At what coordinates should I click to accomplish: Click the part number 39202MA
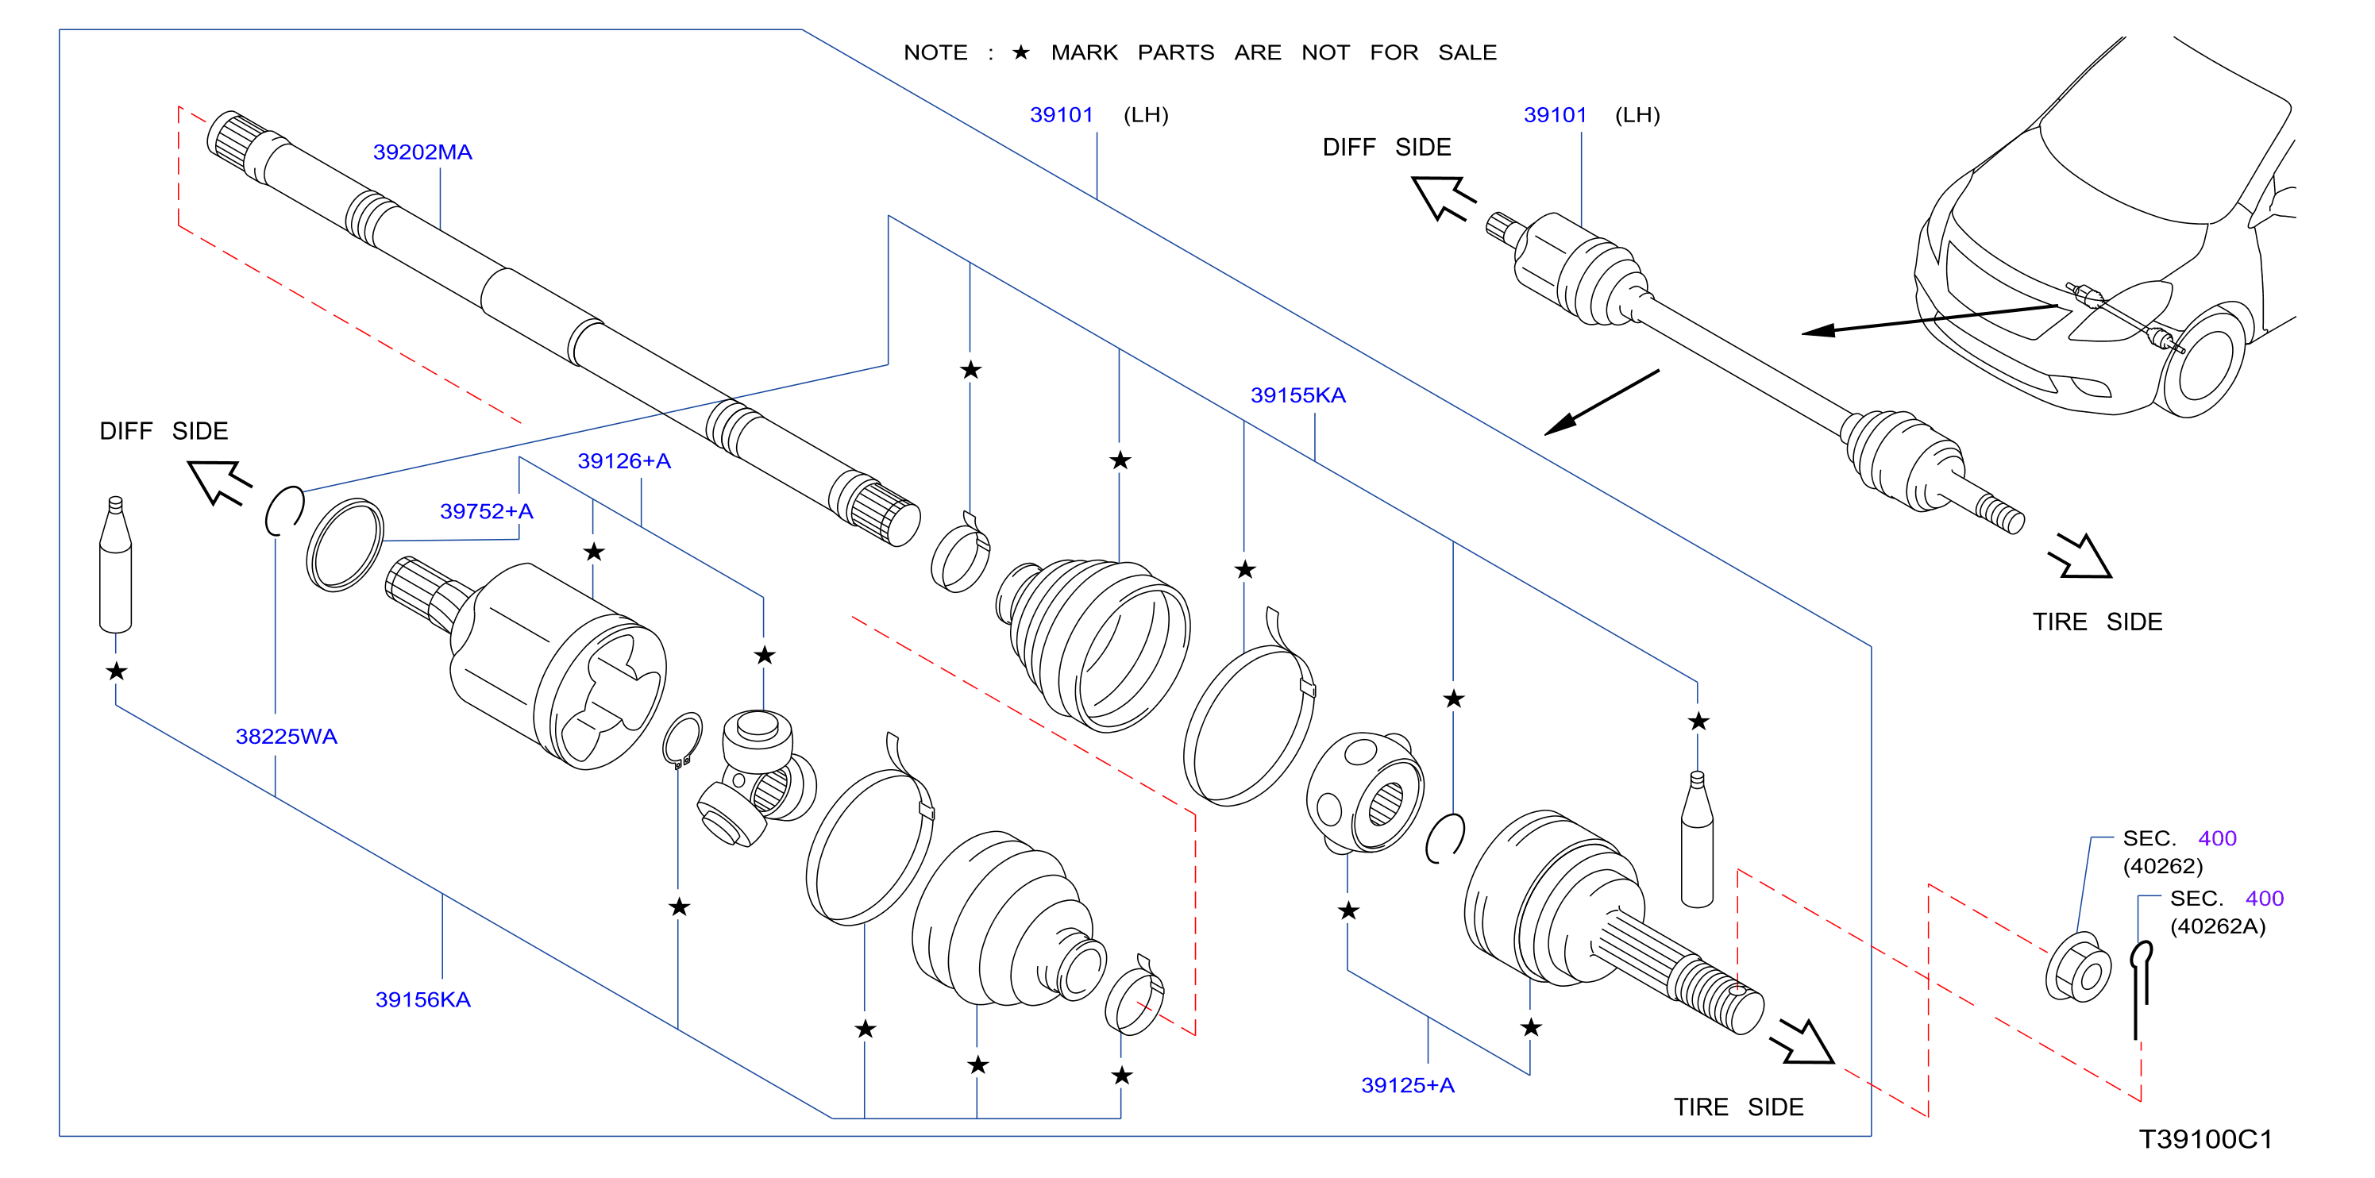click(x=422, y=152)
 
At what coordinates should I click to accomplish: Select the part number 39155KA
click(x=1297, y=395)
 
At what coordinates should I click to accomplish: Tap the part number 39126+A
click(x=624, y=461)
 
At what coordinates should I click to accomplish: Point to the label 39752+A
click(x=487, y=510)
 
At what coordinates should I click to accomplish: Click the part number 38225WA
click(x=286, y=737)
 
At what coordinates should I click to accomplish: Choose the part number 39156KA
click(x=422, y=999)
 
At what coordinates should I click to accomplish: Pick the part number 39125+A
click(x=1408, y=1085)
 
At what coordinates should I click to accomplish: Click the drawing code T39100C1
click(x=2205, y=1139)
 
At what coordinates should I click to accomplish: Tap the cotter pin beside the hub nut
click(x=2140, y=987)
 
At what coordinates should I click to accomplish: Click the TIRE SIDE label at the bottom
click(x=1738, y=1107)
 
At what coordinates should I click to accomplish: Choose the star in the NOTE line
click(x=1020, y=52)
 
